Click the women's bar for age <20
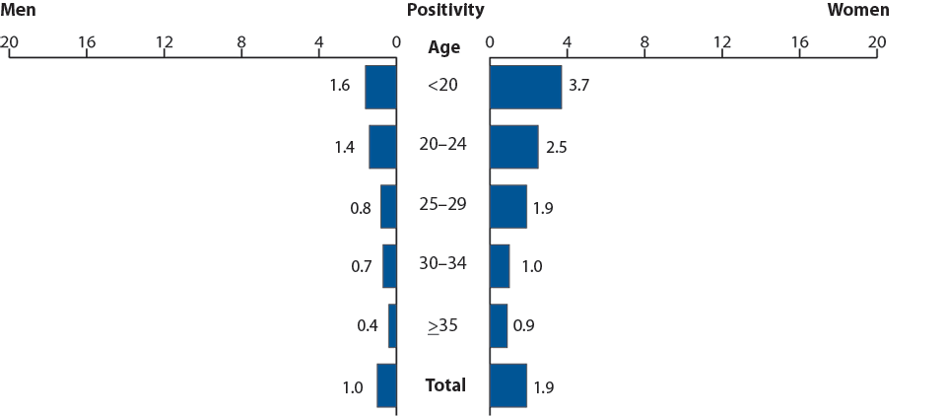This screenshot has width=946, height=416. pyautogui.click(x=525, y=87)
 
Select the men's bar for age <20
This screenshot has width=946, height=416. pyautogui.click(x=380, y=87)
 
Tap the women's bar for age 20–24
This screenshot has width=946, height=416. pyautogui.click(x=513, y=147)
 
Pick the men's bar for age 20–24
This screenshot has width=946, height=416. pyautogui.click(x=382, y=147)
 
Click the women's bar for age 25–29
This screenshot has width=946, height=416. pyautogui.click(x=507, y=206)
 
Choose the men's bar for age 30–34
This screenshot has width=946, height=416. pyautogui.click(x=389, y=266)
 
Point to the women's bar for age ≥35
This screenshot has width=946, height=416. pyautogui.click(x=498, y=325)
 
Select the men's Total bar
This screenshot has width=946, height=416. pyautogui.click(x=386, y=385)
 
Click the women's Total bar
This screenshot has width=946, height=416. pyautogui.click(x=507, y=385)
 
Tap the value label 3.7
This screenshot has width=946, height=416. pyautogui.click(x=581, y=87)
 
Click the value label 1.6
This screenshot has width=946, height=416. pyautogui.click(x=340, y=86)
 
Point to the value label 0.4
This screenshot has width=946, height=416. pyautogui.click(x=367, y=325)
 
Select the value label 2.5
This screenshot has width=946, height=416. pyautogui.click(x=558, y=147)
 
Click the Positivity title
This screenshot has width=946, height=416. pyautogui.click(x=444, y=11)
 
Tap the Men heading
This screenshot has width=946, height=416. pyautogui.click(x=20, y=11)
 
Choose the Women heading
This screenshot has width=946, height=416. pyautogui.click(x=857, y=11)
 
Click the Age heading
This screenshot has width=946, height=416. pyautogui.click(x=443, y=47)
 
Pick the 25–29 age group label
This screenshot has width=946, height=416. pyautogui.click(x=442, y=205)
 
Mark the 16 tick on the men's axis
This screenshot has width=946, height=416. pyautogui.click(x=87, y=42)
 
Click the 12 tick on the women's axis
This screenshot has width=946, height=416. pyautogui.click(x=721, y=42)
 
